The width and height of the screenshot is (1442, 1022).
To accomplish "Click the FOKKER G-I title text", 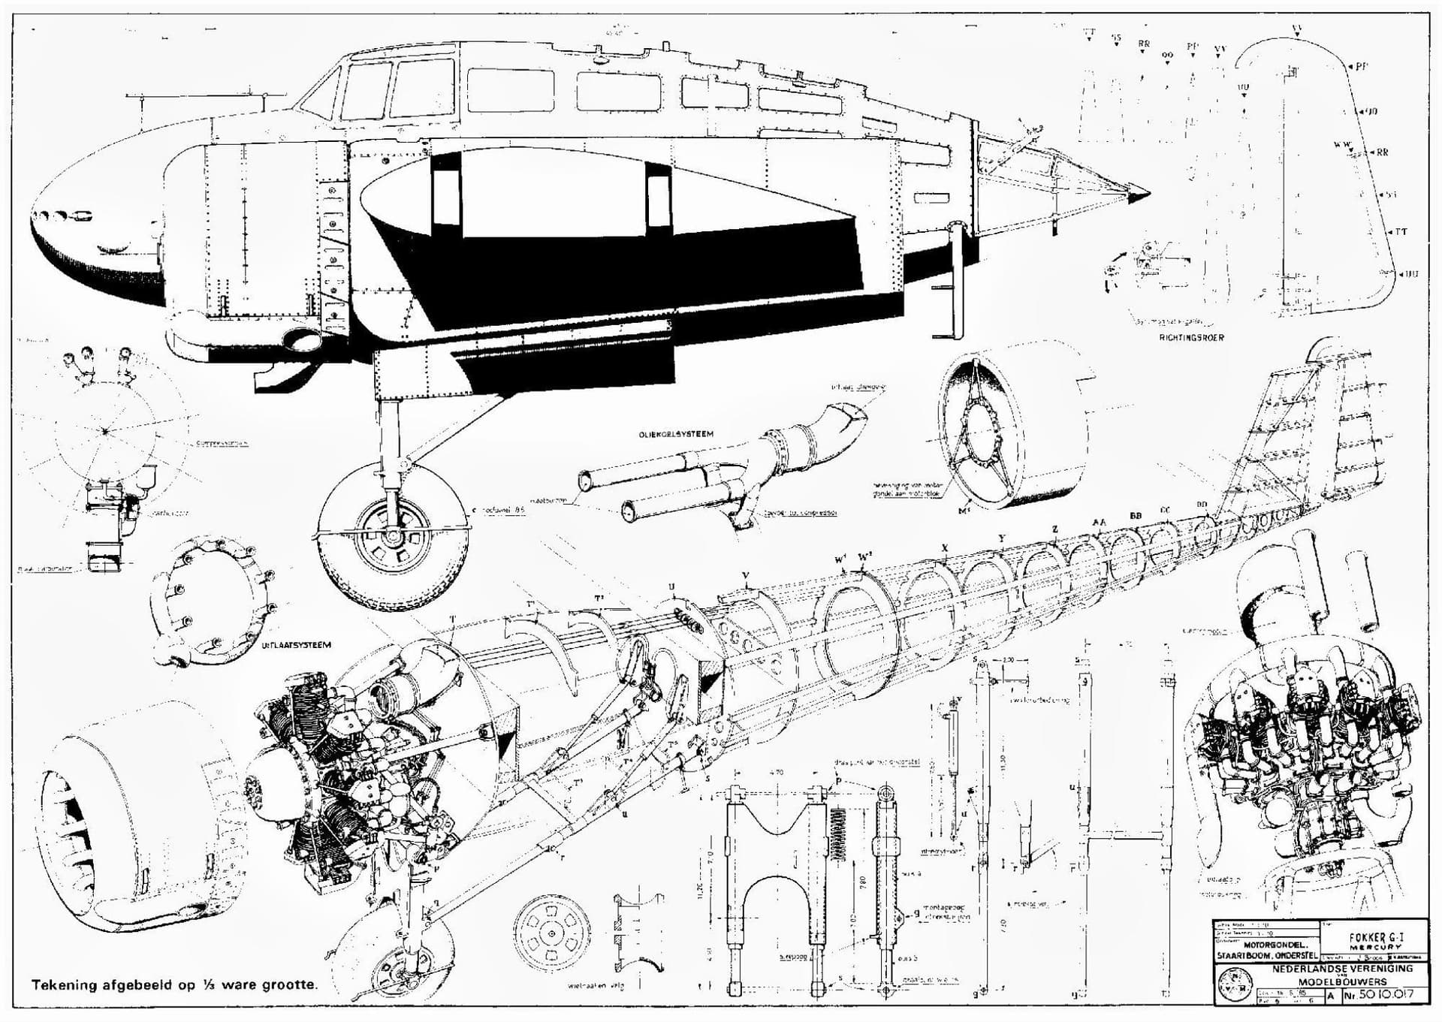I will [1376, 938].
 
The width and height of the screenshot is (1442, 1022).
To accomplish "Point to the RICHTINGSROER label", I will [1191, 338].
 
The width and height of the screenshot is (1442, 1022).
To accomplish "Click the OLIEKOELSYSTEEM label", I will [675, 434].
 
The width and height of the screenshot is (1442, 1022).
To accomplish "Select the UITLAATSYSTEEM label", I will [296, 645].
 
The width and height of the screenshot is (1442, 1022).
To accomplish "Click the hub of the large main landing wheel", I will [392, 536].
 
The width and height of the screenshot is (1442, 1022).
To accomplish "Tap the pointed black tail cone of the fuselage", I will [1139, 194].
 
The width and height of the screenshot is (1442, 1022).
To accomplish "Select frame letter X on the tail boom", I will [944, 548].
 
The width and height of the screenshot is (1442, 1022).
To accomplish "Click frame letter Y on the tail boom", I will [1001, 538].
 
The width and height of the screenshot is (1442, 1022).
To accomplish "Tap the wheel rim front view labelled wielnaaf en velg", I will [552, 933].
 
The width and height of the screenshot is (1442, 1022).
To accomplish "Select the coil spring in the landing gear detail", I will [840, 834].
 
